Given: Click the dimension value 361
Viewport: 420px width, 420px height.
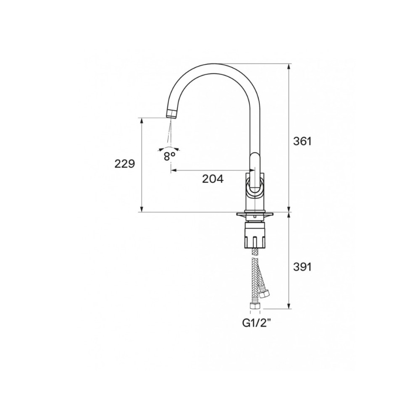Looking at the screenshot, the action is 302,141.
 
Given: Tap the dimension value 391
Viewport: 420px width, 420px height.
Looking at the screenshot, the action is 302,267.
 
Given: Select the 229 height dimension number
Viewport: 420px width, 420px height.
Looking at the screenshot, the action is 125,164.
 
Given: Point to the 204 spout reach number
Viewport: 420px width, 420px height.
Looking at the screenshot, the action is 213,178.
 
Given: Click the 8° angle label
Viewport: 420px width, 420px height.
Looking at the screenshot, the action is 169,156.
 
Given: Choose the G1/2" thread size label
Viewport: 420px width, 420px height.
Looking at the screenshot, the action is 255,324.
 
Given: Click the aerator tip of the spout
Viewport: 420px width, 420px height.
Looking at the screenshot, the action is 171,113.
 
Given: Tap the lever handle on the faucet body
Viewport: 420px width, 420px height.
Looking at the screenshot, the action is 255,174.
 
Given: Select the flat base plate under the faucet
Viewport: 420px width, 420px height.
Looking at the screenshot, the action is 255,215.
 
